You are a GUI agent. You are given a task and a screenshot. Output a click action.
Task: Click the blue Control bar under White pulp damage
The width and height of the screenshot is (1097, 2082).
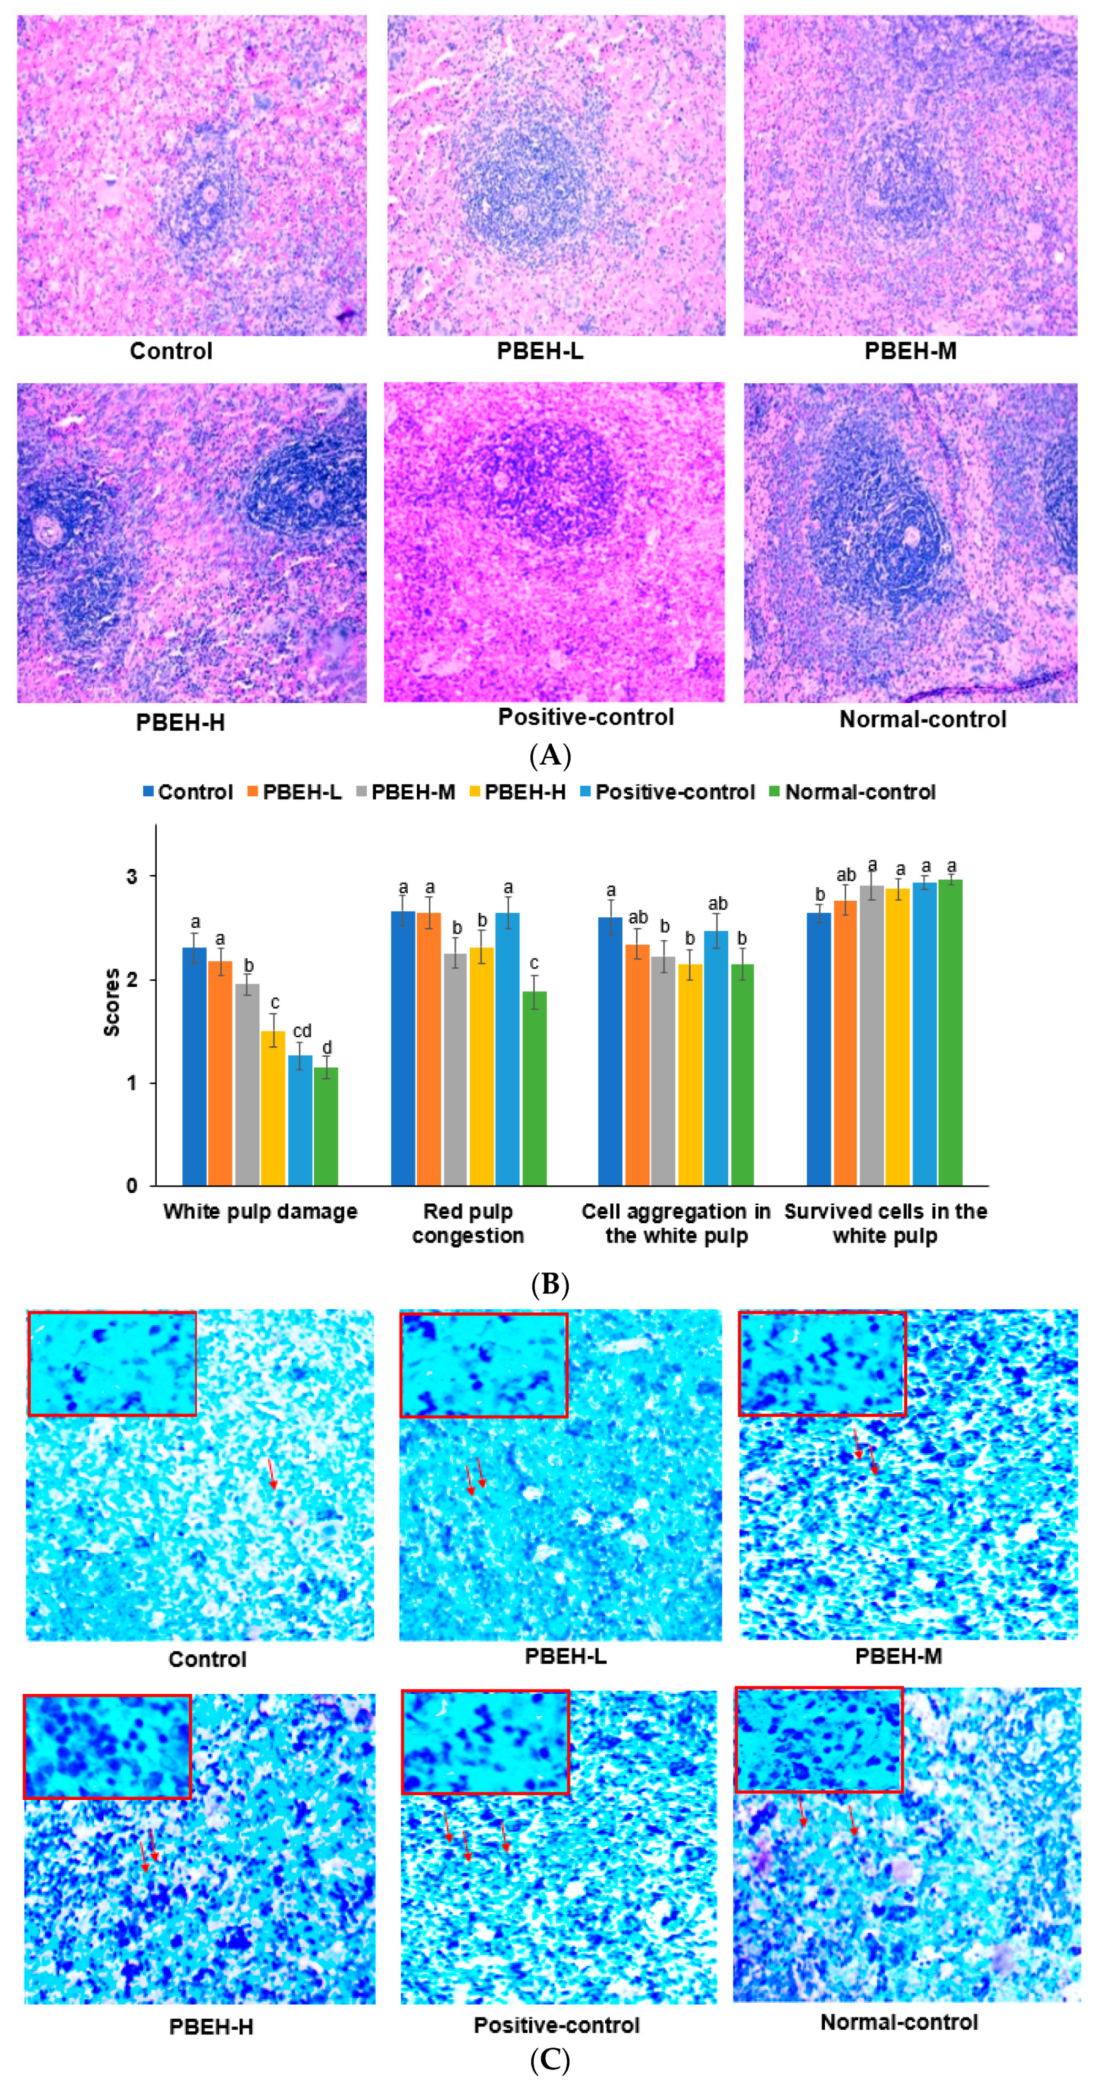194,1067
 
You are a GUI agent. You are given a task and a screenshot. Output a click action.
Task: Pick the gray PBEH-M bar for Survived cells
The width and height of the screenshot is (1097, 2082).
871,1035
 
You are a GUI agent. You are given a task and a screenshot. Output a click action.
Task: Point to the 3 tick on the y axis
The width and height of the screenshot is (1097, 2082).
132,877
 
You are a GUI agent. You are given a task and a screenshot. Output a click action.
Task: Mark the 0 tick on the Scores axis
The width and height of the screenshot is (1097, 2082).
132,1186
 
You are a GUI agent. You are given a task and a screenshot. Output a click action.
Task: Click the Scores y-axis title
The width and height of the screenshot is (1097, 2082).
111,1002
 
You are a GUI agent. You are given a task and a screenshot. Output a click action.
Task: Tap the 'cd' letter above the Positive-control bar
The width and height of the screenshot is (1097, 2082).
302,1032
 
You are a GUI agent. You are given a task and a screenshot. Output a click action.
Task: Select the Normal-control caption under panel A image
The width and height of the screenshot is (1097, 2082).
922,719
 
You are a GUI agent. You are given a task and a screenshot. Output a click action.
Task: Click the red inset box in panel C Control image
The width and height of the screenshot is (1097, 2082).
112,1363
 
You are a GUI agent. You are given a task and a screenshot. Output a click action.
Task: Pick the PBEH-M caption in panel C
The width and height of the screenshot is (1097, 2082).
899,1656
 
